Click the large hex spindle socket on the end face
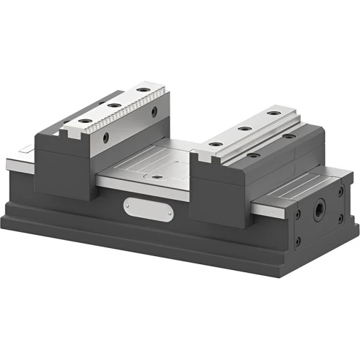pyautogui.click(x=320, y=209)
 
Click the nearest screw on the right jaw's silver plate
pyautogui.click(x=215, y=144)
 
